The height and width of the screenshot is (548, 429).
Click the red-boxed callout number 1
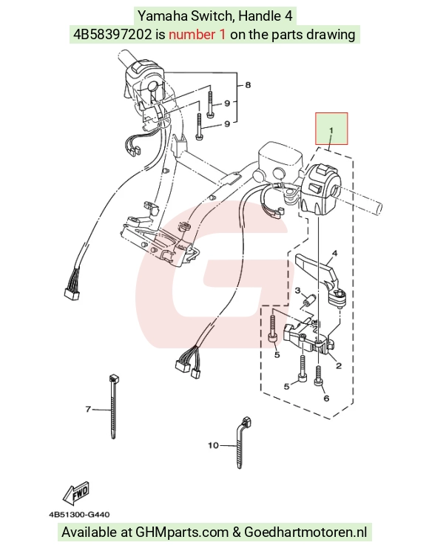click(x=331, y=130)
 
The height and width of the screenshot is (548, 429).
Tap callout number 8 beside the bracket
click(x=248, y=85)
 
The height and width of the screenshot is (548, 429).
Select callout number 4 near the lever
click(x=334, y=253)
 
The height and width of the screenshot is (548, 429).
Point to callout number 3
click(x=297, y=291)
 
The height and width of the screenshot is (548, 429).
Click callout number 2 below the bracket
click(x=339, y=366)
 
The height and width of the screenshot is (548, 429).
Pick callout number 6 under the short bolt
click(x=326, y=399)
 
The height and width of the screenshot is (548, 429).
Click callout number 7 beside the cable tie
click(x=88, y=409)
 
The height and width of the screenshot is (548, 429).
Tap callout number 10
click(x=213, y=445)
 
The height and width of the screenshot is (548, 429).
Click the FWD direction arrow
click(x=75, y=493)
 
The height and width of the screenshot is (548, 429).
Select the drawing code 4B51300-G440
click(x=79, y=515)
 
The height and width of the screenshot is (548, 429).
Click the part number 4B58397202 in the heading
click(x=112, y=35)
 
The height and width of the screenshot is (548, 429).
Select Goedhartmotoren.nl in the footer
click(x=305, y=532)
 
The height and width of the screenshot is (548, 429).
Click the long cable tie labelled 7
click(x=113, y=407)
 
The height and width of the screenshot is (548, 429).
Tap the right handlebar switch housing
click(x=320, y=189)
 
